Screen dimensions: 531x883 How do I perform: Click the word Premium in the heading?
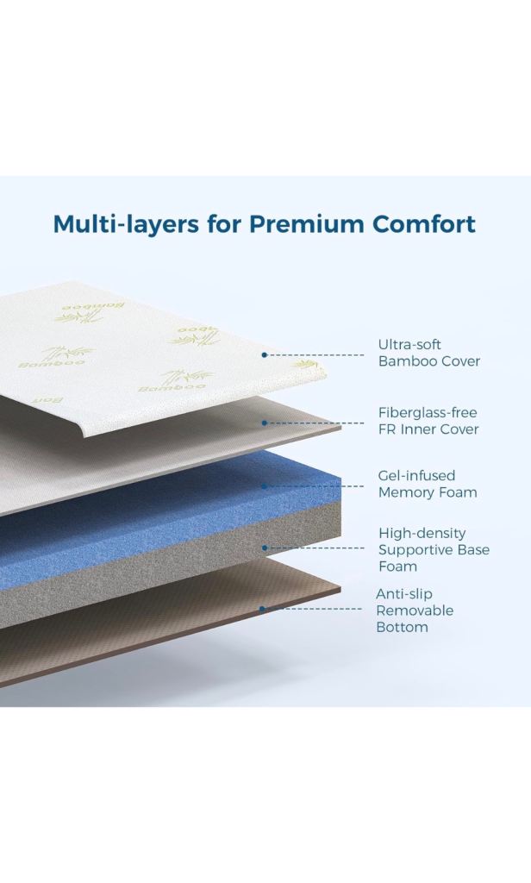pyautogui.click(x=308, y=223)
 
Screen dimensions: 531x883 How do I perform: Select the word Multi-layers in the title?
pyautogui.click(x=126, y=225)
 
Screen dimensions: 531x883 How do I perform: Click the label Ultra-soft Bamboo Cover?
pyautogui.click(x=429, y=353)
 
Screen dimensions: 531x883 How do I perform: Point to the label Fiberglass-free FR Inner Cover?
pyautogui.click(x=428, y=421)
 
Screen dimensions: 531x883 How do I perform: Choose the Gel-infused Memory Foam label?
pyautogui.click(x=428, y=485)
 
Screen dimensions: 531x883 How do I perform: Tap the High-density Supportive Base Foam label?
pyautogui.click(x=434, y=549)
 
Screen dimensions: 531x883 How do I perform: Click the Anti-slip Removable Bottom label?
pyautogui.click(x=415, y=611)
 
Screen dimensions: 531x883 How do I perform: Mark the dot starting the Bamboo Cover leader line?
pyautogui.click(x=264, y=354)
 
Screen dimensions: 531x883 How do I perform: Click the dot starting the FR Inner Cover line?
pyautogui.click(x=264, y=423)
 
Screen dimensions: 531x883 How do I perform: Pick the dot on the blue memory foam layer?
pyautogui.click(x=264, y=486)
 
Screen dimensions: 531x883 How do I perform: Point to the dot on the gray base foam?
pyautogui.click(x=264, y=548)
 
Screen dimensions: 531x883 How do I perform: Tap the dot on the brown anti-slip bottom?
pyautogui.click(x=262, y=609)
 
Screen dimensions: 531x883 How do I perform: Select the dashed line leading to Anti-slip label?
pyautogui.click(x=313, y=609)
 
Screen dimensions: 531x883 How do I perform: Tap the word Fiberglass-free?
pyautogui.click(x=428, y=413)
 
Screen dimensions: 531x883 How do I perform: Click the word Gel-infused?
pyautogui.click(x=416, y=476)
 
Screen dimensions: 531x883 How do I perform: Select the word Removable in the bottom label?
pyautogui.click(x=415, y=611)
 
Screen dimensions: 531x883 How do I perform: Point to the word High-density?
pyautogui.click(x=422, y=533)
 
